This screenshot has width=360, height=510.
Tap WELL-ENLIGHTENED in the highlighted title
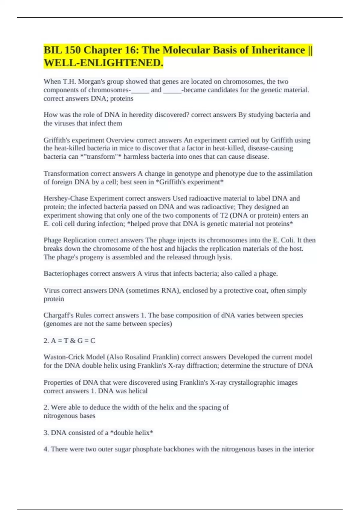click(x=103, y=63)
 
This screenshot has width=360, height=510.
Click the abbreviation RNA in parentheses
click(x=169, y=290)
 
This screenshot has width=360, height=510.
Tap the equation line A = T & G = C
click(x=69, y=340)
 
